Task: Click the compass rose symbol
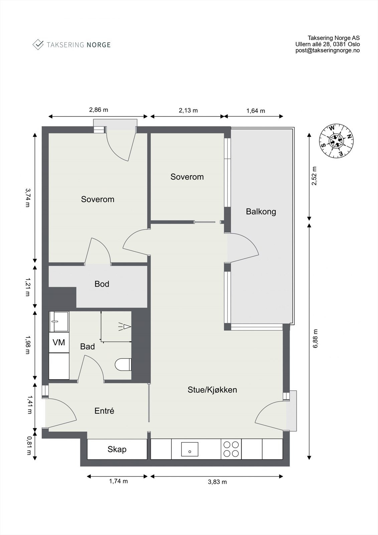[337, 141]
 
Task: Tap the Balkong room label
[261, 212]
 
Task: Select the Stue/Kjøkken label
[212, 390]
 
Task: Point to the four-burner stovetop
[231, 449]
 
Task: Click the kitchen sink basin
[190, 449]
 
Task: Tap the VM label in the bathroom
[59, 342]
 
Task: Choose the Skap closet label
[117, 449]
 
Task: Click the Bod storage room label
[102, 284]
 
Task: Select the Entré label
[104, 411]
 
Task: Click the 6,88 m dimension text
[316, 339]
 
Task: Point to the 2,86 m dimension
[98, 110]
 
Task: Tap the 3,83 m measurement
[217, 482]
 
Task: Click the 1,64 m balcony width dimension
[255, 111]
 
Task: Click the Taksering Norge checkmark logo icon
[38, 45]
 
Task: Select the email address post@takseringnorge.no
[328, 50]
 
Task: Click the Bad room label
[87, 346]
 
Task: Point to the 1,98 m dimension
[28, 345]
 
